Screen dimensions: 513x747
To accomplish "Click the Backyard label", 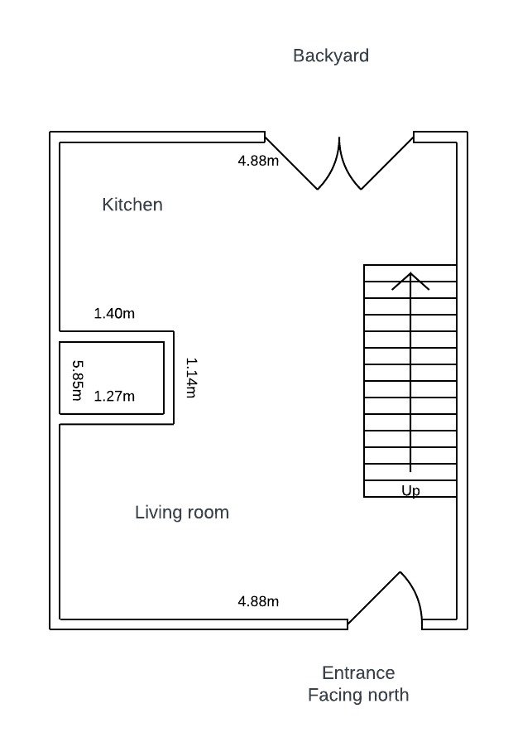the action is [x=331, y=56].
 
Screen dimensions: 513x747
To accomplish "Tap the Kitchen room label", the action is [x=132, y=205].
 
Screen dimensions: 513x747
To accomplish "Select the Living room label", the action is [x=182, y=513].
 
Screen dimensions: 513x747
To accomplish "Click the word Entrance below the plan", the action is [x=358, y=672].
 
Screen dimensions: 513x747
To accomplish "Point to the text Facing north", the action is [x=358, y=695].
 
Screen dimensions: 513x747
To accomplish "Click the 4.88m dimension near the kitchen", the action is [x=258, y=161].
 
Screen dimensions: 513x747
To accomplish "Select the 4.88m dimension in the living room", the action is [x=258, y=601].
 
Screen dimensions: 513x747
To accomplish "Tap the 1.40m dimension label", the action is [x=114, y=314].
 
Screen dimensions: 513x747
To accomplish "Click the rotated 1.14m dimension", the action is [x=191, y=378].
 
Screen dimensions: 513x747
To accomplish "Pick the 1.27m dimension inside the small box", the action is [x=114, y=397].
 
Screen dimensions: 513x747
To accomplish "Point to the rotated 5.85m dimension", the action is [x=77, y=380].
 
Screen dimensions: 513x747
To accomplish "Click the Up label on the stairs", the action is [x=410, y=490].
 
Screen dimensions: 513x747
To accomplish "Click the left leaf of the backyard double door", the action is [x=291, y=163].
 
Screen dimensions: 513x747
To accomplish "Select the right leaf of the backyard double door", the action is [x=387, y=163].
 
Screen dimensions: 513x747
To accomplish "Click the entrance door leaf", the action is [x=374, y=598].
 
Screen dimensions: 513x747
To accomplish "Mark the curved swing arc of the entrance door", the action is [x=416, y=590].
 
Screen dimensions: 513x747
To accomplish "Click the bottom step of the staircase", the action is [x=410, y=489].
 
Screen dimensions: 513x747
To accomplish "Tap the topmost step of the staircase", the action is [x=410, y=273].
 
